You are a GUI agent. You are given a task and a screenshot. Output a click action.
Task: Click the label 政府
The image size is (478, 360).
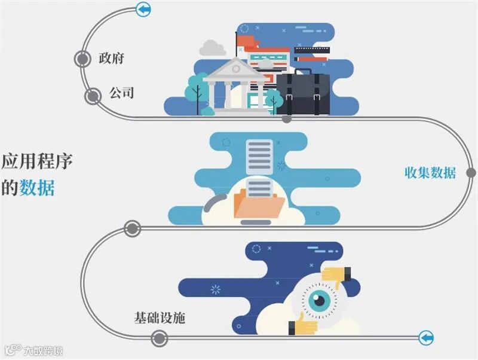[x=112, y=59]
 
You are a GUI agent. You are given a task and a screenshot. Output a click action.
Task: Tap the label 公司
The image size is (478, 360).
[x=121, y=93]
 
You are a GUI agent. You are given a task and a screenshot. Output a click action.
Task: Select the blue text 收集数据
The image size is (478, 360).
[x=430, y=173]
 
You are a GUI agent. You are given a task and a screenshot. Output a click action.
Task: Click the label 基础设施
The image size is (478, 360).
[x=160, y=317]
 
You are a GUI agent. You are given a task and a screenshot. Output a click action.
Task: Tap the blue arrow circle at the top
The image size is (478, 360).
[x=143, y=9]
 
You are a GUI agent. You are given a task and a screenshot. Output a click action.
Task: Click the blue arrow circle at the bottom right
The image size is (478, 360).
[x=426, y=338]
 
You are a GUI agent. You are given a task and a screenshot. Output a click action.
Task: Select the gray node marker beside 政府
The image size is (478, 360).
[x=82, y=59]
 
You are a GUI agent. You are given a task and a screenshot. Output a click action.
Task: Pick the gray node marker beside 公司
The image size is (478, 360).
[x=93, y=95]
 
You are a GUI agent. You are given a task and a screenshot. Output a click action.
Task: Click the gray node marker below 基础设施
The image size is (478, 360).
[x=158, y=339]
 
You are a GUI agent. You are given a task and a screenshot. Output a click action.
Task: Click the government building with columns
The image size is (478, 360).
[x=236, y=87]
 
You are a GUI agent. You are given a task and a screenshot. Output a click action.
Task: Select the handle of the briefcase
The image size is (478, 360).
[x=302, y=69]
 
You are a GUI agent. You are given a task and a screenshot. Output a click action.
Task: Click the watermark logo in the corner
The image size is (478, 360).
[x=13, y=349]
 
